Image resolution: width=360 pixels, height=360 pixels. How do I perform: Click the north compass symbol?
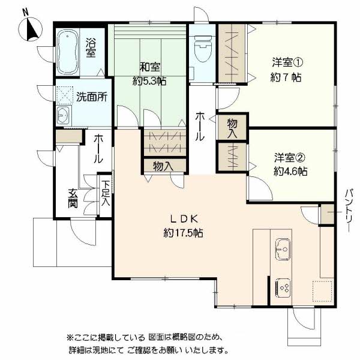tap(31, 29)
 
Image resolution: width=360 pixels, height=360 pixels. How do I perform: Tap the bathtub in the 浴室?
tap(67, 52)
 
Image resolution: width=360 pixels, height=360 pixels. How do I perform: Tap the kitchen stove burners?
tap(283, 288)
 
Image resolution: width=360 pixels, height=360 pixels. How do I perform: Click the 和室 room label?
tap(149, 67)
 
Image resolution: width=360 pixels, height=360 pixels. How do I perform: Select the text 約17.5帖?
tap(183, 233)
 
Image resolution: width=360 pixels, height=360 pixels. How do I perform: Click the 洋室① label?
tap(287, 62)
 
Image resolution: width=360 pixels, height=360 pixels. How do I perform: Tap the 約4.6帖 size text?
tap(290, 171)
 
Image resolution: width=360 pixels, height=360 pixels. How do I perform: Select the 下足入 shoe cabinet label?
tap(106, 193)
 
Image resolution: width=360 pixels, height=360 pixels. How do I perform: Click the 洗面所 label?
tap(92, 97)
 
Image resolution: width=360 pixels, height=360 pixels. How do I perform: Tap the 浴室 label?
tap(91, 48)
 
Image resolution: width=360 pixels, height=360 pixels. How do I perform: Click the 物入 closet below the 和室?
tap(163, 166)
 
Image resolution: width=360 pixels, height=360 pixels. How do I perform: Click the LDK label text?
tap(184, 219)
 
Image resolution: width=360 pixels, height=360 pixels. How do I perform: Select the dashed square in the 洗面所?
tap(65, 94)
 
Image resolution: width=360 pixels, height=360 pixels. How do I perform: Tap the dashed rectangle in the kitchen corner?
tap(322, 291)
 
